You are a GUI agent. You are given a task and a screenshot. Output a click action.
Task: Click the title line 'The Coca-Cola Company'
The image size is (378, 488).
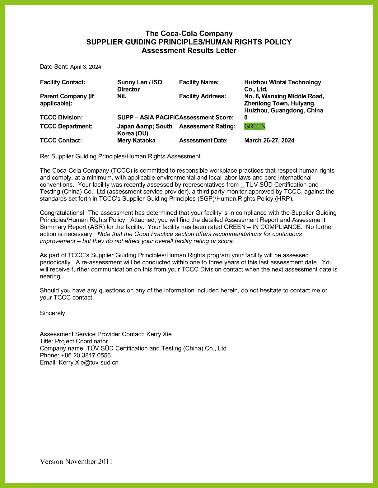189,34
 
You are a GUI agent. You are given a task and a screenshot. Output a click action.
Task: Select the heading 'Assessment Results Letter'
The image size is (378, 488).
189,50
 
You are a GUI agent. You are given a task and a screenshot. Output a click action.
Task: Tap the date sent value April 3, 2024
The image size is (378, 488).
86,67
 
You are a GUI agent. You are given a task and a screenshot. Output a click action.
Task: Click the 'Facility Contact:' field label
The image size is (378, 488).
63,82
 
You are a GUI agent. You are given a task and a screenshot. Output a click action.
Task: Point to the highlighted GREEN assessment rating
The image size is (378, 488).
255,126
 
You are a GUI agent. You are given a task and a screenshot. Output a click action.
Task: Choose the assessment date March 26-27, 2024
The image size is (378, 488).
269,141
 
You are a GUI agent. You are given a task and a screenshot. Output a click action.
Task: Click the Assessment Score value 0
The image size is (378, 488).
246,118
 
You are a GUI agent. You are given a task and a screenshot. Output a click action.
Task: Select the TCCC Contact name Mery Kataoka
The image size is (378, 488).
136,141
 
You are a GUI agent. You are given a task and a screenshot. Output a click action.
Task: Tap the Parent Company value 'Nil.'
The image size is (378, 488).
122,96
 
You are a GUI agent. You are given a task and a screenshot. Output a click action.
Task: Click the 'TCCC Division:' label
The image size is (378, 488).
61,118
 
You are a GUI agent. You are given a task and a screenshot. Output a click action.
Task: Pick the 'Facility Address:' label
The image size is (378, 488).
202,96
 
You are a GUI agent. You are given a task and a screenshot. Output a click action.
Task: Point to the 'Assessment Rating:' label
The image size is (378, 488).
207,126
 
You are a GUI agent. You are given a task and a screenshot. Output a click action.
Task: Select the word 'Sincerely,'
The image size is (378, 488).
53,313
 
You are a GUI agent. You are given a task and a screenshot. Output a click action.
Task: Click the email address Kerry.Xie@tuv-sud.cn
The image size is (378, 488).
88,363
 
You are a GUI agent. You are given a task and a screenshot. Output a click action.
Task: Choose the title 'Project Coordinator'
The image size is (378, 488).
81,341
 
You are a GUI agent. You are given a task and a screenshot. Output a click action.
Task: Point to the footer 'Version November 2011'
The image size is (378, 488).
76,462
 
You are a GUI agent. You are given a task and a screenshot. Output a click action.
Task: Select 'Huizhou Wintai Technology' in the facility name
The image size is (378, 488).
282,82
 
